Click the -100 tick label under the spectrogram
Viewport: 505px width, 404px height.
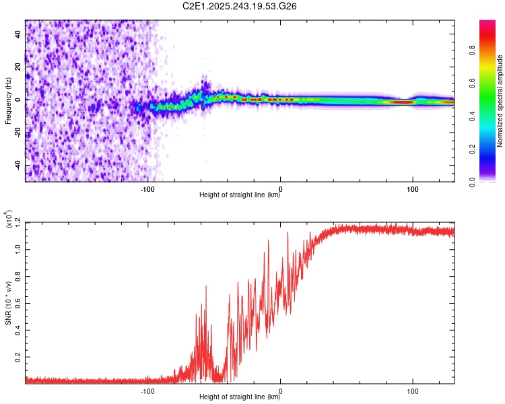coord(148,189)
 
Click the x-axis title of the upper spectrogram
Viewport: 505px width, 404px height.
coord(240,196)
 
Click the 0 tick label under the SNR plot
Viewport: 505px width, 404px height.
coord(280,391)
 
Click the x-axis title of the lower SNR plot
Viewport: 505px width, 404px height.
coord(240,397)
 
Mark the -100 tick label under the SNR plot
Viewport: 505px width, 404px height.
coord(148,391)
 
